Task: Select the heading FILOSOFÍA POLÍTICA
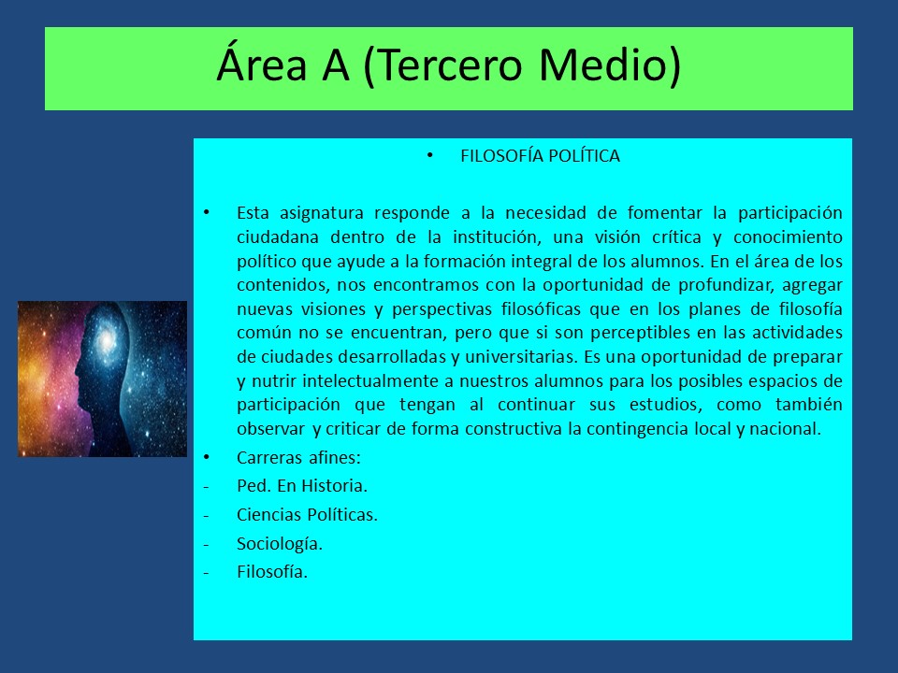point(540,156)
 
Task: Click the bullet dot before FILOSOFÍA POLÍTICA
point(430,156)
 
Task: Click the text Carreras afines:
point(298,458)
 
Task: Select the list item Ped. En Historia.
point(302,486)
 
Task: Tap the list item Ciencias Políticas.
point(307,514)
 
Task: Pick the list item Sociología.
point(280,544)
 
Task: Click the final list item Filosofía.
point(272,572)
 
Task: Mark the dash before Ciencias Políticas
point(206,515)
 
